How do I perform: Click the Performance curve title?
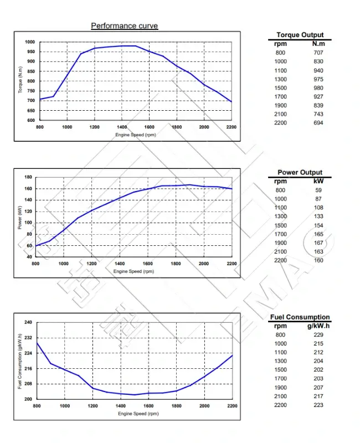[x=124, y=26]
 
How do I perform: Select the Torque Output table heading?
[x=300, y=35]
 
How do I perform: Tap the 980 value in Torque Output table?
[x=318, y=87]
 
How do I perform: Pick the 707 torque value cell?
[x=318, y=53]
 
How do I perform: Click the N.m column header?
[x=318, y=44]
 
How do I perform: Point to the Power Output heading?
[x=300, y=172]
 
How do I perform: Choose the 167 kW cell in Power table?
[x=318, y=243]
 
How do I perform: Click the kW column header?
[x=318, y=181]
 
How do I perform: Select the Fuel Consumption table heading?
[x=300, y=317]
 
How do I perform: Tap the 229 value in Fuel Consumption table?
[x=318, y=335]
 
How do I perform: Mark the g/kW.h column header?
[x=318, y=326]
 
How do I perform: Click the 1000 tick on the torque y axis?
[x=29, y=42]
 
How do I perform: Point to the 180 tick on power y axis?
[x=28, y=177]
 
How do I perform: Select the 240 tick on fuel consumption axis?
[x=28, y=322]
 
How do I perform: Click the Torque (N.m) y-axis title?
[x=20, y=81]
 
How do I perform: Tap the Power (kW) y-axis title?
[x=20, y=217]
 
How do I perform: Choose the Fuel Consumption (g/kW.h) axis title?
[x=20, y=360]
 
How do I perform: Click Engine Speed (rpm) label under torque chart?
[x=135, y=135]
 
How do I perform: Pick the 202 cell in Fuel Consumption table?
[x=318, y=370]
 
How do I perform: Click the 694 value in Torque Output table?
[x=318, y=122]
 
